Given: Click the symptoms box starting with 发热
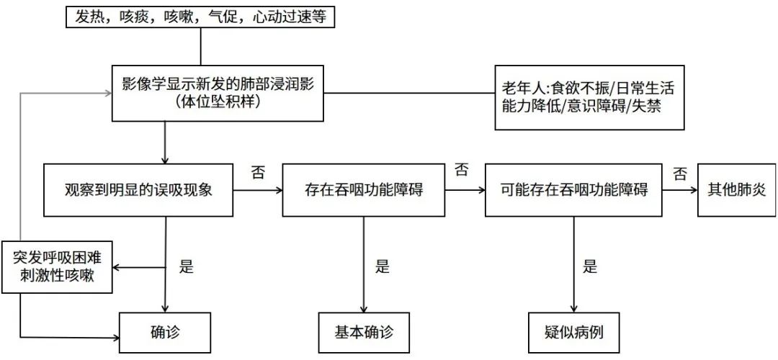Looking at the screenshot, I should pos(201,18).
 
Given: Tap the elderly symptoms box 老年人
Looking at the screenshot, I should pos(589,98).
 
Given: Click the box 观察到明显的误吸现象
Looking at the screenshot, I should pos(139,191).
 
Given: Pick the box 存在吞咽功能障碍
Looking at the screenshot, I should pos(363,191).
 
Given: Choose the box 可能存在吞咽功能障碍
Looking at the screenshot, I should pos(574,191).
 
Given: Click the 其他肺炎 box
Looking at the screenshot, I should pos(734,191).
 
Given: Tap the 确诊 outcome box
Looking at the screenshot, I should pos(165,333).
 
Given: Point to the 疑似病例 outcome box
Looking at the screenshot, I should pos(574,333).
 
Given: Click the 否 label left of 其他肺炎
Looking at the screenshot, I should pos(679,173).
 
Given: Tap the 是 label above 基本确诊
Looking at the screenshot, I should pos(382,266).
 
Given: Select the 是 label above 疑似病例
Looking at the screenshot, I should pos(591,266).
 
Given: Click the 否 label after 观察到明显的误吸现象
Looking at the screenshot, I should pos(256,173).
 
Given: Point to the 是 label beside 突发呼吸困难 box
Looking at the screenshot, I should pos(187,266).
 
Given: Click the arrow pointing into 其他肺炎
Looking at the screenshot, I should pos(680,191).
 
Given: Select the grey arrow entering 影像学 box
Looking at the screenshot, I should pos(65,94).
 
